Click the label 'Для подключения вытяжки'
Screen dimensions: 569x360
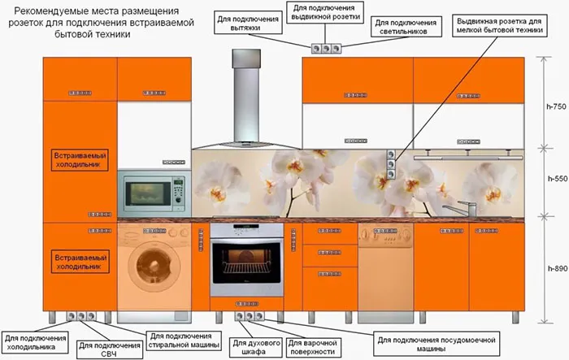pyautogui.click(x=248, y=23)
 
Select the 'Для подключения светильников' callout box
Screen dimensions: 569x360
pyautogui.click(x=406, y=27)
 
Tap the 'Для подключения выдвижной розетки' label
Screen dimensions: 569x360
pyautogui.click(x=325, y=12)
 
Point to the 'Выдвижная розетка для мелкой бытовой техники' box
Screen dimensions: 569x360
pyautogui.click(x=499, y=26)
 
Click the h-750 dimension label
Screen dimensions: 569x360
pyautogui.click(x=556, y=106)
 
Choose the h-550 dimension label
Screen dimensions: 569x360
pyautogui.click(x=558, y=179)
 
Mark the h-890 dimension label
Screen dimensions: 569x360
pyautogui.click(x=558, y=269)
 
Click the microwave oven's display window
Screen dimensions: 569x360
pyautogui.click(x=147, y=193)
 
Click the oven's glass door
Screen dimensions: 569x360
pyautogui.click(x=247, y=262)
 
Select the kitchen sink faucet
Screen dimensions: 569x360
pyautogui.click(x=461, y=209)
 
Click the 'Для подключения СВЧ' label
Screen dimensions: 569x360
pyautogui.click(x=110, y=349)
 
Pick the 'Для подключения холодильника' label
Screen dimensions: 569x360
pyautogui.click(x=35, y=342)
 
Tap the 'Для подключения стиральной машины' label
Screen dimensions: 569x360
pyautogui.click(x=184, y=340)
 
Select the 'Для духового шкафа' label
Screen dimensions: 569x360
pyautogui.click(x=256, y=347)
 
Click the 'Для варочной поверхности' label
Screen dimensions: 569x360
pyautogui.click(x=313, y=347)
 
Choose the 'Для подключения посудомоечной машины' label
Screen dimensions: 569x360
pyautogui.click(x=437, y=344)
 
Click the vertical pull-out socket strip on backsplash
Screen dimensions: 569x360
pyautogui.click(x=391, y=164)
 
